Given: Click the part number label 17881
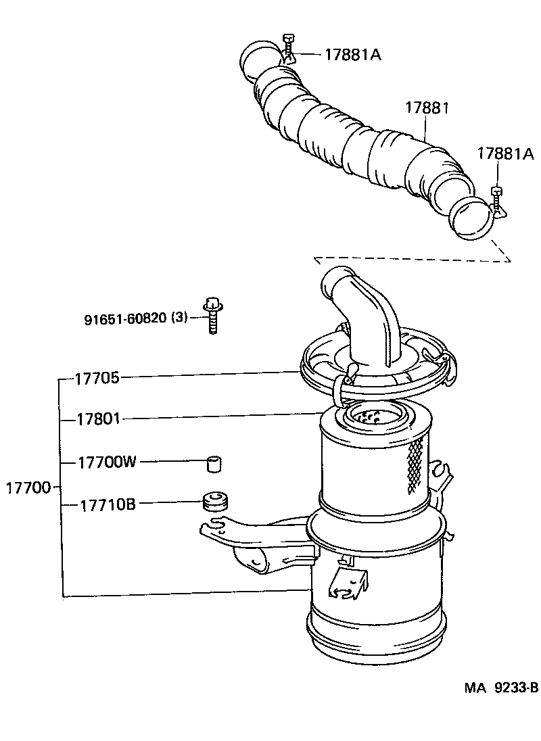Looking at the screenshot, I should pyautogui.click(x=427, y=108).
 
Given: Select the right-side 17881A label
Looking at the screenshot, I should pyautogui.click(x=504, y=153).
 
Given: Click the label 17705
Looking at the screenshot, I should pyautogui.click(x=97, y=378).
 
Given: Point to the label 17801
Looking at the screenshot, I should pyautogui.click(x=97, y=419).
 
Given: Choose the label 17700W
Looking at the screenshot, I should pyautogui.click(x=107, y=462).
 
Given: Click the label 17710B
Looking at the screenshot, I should pyautogui.click(x=108, y=504).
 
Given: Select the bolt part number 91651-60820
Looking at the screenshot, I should pyautogui.click(x=125, y=318).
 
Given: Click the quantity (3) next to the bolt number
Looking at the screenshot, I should pyautogui.click(x=179, y=318).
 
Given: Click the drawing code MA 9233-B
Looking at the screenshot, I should pyautogui.click(x=500, y=688).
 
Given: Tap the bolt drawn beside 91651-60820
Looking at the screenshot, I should pyautogui.click(x=212, y=316).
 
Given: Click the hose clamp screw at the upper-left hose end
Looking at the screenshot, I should pyautogui.click(x=289, y=47).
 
